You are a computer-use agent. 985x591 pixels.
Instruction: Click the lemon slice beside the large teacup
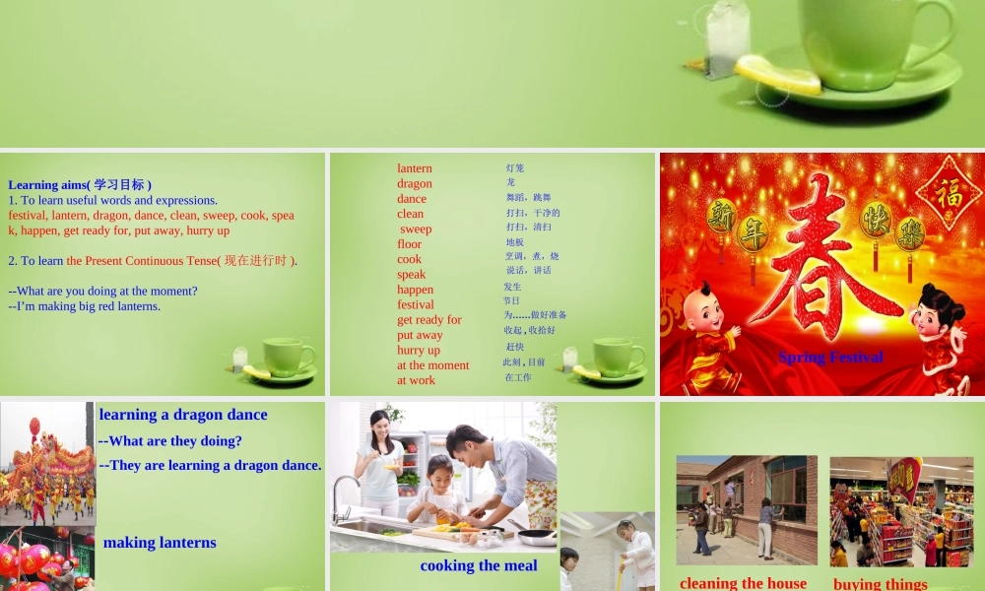[x=777, y=75]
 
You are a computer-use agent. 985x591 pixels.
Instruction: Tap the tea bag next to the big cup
[x=728, y=39]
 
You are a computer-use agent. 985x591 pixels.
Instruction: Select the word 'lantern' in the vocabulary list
[x=415, y=168]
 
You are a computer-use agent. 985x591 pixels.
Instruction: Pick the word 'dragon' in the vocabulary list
[x=415, y=183]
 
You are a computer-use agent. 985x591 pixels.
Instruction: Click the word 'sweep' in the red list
[x=416, y=229]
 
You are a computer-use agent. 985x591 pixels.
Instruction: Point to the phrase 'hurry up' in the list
[x=419, y=350]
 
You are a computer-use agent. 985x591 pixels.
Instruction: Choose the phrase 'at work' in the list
[x=416, y=380]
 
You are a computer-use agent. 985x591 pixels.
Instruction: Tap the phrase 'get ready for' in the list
[x=429, y=319]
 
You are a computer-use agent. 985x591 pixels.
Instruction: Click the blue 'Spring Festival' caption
[x=830, y=357]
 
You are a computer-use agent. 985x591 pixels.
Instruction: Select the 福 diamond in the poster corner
[x=949, y=192]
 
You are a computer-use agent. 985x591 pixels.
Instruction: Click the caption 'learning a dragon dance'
[x=183, y=415]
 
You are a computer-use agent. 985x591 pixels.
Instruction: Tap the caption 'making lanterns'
[x=160, y=542]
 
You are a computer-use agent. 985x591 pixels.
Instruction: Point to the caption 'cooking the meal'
[x=479, y=565]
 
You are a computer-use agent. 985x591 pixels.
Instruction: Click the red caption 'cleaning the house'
[x=743, y=583]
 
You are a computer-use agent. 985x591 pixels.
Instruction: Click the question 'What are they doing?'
[x=170, y=440]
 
